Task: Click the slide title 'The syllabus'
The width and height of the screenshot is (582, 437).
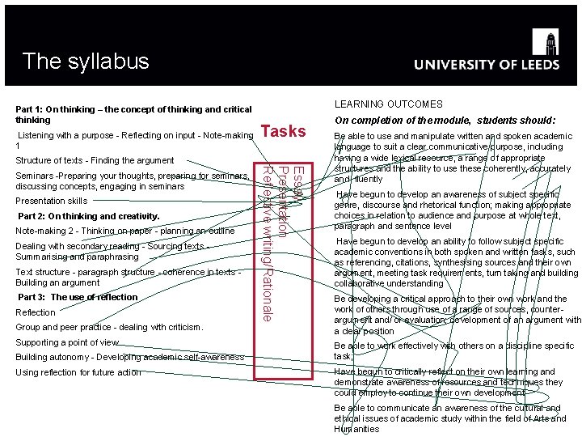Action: point(86,61)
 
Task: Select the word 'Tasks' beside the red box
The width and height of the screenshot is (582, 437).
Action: point(284,131)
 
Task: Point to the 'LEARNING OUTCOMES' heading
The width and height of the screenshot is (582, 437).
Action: point(388,104)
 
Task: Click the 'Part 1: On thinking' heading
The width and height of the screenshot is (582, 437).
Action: point(133,114)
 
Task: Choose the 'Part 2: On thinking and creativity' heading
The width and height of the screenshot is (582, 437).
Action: point(89,216)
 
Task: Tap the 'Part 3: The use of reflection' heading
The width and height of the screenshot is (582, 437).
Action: point(78,297)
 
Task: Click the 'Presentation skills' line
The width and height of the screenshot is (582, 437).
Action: point(52,201)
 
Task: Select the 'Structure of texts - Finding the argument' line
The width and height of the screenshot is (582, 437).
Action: point(95,160)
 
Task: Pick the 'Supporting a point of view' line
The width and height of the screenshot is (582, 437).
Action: point(67,342)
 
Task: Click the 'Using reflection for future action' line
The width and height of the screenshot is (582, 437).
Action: point(78,372)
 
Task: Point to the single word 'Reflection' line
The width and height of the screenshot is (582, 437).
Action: point(36,312)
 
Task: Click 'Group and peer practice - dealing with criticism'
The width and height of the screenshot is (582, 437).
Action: point(109,328)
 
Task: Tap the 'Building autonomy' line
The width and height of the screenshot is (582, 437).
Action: point(129,357)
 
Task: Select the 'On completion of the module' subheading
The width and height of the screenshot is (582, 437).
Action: point(445,120)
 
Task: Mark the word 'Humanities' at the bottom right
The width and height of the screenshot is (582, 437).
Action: point(356,429)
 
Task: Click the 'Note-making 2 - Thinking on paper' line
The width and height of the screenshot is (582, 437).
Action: point(125,231)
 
